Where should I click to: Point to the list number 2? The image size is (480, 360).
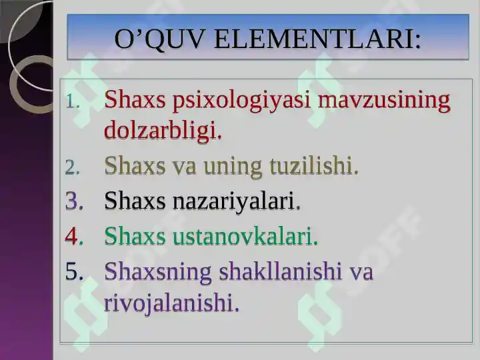tap(73, 167)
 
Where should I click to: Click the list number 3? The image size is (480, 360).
tap(74, 201)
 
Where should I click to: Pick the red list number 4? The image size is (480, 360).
tap(74, 236)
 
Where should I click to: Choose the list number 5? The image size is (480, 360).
tap(74, 271)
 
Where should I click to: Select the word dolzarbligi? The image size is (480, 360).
tap(163, 131)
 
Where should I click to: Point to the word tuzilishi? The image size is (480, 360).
tap(314, 166)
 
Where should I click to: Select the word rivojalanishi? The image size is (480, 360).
tap(171, 303)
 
